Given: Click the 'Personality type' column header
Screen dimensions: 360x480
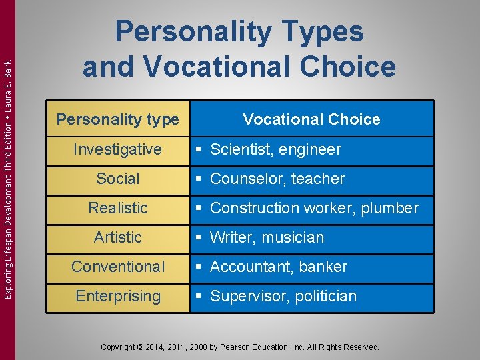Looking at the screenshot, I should [x=118, y=120].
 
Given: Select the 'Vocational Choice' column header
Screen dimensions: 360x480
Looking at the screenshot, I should [x=311, y=120].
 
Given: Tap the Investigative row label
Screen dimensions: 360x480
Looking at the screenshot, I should [x=118, y=149].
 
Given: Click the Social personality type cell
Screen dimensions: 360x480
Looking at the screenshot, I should [x=118, y=179].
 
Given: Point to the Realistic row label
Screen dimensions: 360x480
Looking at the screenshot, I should [x=118, y=208].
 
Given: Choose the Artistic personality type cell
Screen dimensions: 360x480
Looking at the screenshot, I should [x=118, y=237].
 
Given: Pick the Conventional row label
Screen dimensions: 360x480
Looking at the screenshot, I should [x=118, y=267].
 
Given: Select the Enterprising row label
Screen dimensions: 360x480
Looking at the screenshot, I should [x=118, y=296].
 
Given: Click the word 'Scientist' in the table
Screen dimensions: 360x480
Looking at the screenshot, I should [x=239, y=149].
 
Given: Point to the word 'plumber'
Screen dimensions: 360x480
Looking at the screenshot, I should [x=389, y=208].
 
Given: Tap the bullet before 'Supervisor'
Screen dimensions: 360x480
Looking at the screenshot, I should [x=199, y=296].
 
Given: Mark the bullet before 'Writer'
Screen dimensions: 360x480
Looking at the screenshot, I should [x=199, y=237].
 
